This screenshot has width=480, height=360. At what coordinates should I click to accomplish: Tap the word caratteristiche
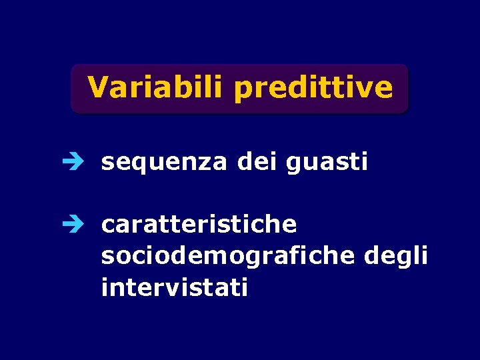pyautogui.click(x=199, y=225)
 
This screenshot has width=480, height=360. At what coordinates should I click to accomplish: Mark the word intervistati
pyautogui.click(x=175, y=287)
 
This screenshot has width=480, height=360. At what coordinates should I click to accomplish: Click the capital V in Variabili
pyautogui.click(x=97, y=87)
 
